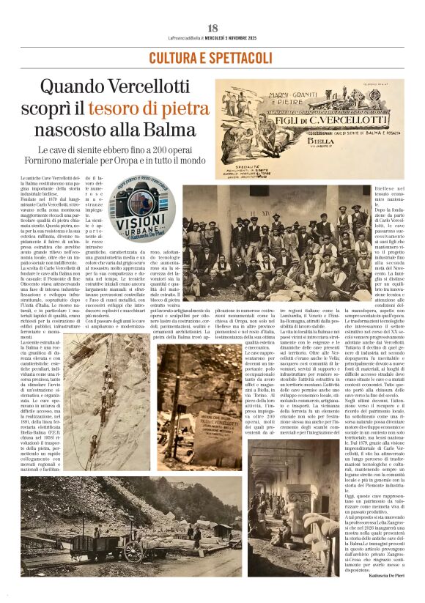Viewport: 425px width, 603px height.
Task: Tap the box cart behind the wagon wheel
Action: (x=95, y=539)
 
